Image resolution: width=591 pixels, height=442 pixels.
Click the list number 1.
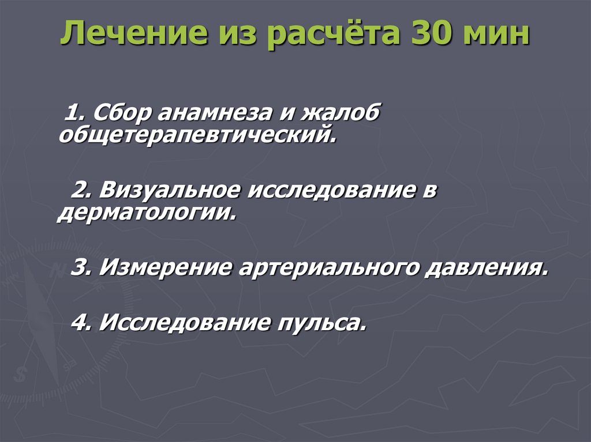tap(75, 112)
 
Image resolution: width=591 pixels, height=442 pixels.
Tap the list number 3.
tap(79, 267)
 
